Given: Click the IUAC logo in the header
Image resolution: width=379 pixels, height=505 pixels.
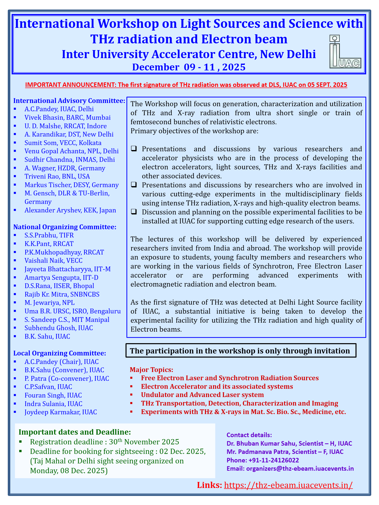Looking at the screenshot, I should (x=345, y=52).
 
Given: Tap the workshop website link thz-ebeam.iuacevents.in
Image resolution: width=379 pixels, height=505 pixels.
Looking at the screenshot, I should (x=288, y=485).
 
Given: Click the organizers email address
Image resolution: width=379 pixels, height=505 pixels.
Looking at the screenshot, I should (x=300, y=468).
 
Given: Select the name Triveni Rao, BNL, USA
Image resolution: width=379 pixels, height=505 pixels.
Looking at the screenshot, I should (x=57, y=176).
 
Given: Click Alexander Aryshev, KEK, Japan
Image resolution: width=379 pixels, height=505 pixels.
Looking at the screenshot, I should (x=70, y=210).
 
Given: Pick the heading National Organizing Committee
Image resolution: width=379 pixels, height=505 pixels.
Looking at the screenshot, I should (x=65, y=227).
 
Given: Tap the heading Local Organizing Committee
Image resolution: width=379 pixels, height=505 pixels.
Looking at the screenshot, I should (x=60, y=353).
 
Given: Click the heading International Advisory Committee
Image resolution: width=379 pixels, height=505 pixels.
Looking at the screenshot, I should (x=69, y=101).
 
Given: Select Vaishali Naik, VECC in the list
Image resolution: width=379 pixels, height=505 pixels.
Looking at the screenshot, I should (x=53, y=261).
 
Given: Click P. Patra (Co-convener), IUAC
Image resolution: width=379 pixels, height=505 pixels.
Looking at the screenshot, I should (x=67, y=378).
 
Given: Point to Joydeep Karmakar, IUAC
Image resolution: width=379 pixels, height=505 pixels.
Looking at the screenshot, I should (x=61, y=412).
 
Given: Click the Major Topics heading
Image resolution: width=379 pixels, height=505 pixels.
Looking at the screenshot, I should (x=151, y=370).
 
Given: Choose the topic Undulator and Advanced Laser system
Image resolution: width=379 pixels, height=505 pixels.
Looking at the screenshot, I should (x=202, y=395).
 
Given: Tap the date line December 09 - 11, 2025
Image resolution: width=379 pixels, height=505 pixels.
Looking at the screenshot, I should (x=189, y=67).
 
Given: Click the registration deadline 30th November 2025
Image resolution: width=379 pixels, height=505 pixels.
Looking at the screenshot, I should (x=105, y=442).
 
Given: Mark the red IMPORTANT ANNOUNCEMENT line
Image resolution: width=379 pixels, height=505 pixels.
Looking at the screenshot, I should (x=186, y=85).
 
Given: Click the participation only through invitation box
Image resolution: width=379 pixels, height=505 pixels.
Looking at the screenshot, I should (x=241, y=351).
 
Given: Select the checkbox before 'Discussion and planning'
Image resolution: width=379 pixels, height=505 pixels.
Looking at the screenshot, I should (x=134, y=212).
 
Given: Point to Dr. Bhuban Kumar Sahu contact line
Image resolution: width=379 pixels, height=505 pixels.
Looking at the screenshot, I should (x=289, y=443).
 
